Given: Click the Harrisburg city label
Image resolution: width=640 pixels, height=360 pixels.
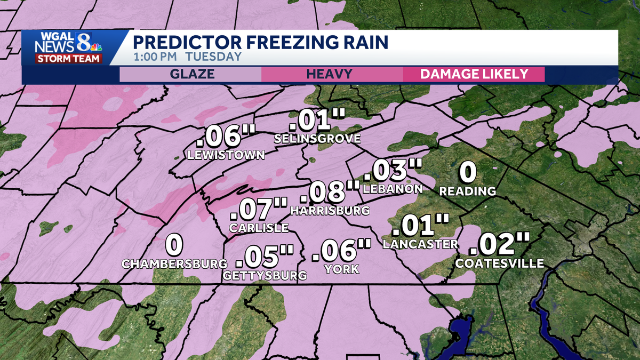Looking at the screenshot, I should click(330, 210).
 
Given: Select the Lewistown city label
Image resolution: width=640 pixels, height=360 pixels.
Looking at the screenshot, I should click(226, 155).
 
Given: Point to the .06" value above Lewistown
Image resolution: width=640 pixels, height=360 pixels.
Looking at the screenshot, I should click(222, 137).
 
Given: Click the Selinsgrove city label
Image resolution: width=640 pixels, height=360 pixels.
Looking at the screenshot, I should click(317, 139).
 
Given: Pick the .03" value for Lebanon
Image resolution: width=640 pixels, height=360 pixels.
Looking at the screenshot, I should click(393, 171).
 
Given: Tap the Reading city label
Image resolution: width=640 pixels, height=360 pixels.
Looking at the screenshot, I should click(468, 191).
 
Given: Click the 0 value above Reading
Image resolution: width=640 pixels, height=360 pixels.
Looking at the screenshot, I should click(468, 172).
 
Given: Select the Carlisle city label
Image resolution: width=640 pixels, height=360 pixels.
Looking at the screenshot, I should click(259, 228).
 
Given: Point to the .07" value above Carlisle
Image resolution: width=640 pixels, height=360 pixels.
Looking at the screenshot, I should click(259, 209).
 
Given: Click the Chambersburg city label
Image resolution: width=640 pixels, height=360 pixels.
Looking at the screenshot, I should click(174, 263).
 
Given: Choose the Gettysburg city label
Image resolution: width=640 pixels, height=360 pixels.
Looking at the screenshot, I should click(265, 275).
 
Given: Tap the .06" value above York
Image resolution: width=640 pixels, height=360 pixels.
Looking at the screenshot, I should click(341, 251).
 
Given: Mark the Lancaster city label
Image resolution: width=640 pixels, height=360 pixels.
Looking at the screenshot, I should click(420, 244).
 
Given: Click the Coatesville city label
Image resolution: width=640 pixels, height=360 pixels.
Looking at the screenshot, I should click(500, 263).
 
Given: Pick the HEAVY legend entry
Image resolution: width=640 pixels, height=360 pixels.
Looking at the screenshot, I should click(329, 74).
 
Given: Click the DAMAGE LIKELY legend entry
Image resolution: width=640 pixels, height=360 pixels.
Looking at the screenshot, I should click(474, 74).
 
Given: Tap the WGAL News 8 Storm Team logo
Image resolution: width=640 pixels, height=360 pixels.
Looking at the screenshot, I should click(69, 47).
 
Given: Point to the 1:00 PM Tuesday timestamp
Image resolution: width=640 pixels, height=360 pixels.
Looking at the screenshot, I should click(187, 57).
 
